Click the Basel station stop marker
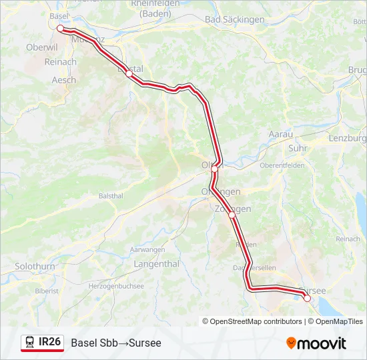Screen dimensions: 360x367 [60, 29]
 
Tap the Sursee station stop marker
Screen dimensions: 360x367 [307, 299]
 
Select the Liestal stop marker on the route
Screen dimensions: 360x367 [129, 74]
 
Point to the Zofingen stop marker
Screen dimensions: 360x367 [232, 215]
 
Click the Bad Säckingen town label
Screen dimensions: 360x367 [235, 20]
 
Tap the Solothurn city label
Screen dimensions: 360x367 [35, 266]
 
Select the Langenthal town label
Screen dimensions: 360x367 [157, 264]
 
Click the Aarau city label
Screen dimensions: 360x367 [281, 134]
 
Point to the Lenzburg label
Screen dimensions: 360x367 [348, 139]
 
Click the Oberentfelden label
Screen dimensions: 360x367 [282, 165]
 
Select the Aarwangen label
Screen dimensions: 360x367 [147, 249]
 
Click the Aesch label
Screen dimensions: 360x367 [64, 80]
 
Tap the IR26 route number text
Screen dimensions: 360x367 [50, 342]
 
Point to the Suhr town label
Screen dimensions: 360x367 [298, 148]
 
